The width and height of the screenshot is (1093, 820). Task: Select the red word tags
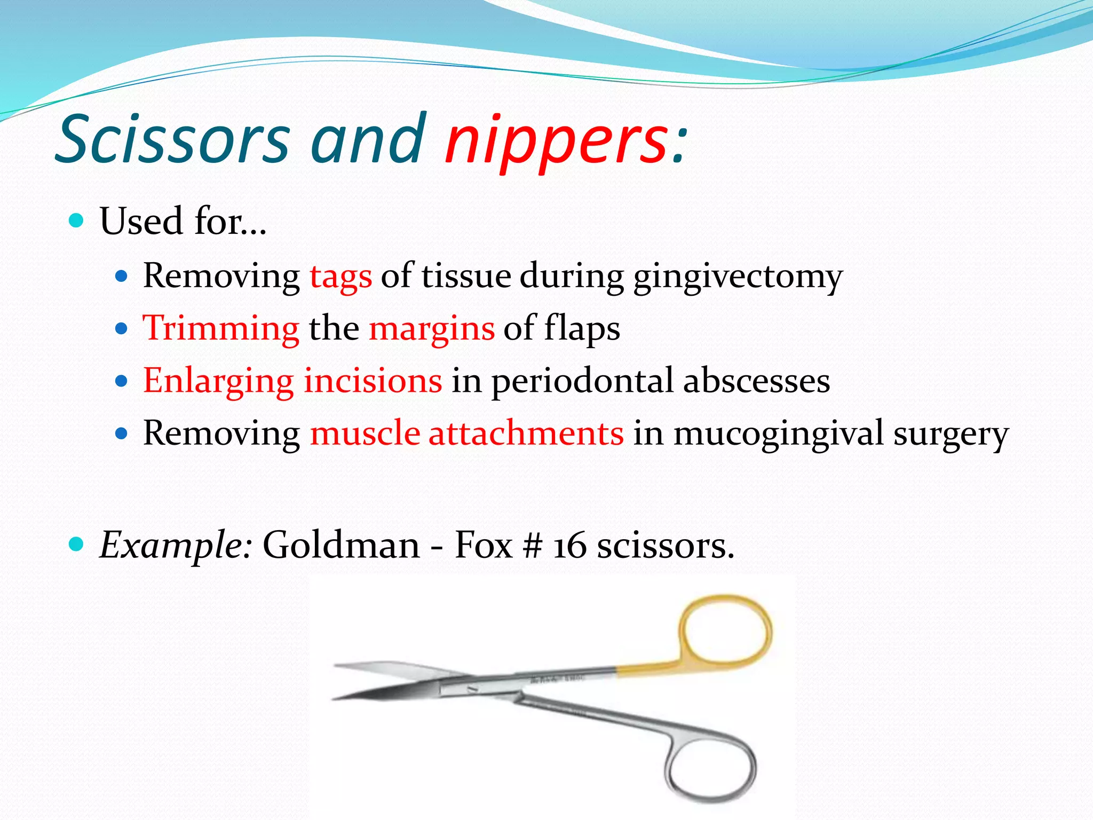(x=340, y=277)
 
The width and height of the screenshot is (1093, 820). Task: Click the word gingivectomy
(x=738, y=277)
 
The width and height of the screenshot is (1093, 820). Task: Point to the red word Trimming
(x=221, y=328)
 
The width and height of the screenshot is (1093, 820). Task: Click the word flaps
(x=582, y=328)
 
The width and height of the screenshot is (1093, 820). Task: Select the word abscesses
(x=756, y=381)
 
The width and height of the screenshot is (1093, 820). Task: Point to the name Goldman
(x=342, y=546)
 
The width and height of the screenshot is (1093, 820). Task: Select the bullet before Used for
(x=77, y=220)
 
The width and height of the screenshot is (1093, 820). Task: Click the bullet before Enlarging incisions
(x=122, y=381)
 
